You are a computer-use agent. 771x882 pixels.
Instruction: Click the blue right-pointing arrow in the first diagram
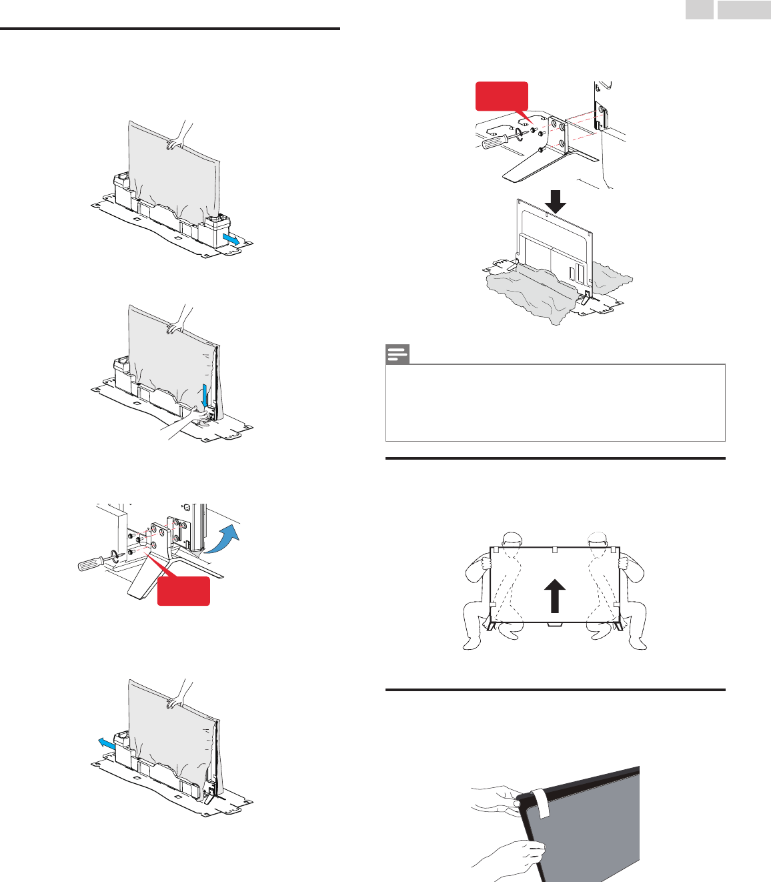(x=230, y=239)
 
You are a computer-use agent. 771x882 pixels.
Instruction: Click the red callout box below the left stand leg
(x=183, y=591)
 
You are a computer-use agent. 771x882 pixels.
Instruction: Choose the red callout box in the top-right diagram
(x=502, y=95)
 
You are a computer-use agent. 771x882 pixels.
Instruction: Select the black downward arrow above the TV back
(x=555, y=201)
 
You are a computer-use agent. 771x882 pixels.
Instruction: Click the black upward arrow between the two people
(x=554, y=596)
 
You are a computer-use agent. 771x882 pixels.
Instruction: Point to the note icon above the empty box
(x=398, y=354)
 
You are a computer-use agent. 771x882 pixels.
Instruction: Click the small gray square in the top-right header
(x=700, y=9)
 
